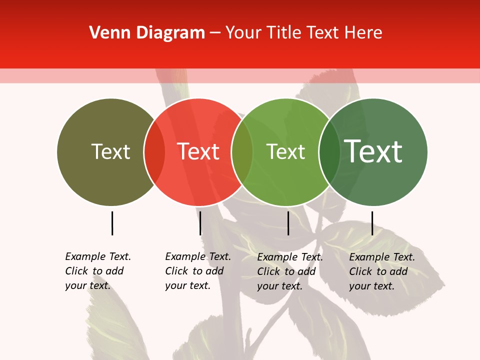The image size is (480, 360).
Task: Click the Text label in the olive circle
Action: [x=110, y=151]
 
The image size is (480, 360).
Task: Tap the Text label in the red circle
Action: [x=198, y=151]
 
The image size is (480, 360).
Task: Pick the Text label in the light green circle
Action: [x=285, y=152]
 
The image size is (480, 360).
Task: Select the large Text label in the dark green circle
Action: [x=373, y=151]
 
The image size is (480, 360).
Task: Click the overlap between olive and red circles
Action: [x=154, y=152]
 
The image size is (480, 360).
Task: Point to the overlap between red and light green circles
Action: [x=242, y=152]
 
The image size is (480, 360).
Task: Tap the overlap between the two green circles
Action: [x=329, y=152]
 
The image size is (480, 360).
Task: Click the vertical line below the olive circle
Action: [x=112, y=223]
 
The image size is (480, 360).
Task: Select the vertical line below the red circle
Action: [x=200, y=223]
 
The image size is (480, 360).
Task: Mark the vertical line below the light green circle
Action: [x=288, y=223]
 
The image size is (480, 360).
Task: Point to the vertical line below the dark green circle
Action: [x=372, y=223]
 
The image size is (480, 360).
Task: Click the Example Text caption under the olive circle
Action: [x=98, y=271]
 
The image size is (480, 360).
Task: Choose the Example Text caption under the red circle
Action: [x=198, y=271]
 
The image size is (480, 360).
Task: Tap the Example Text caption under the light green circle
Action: [x=290, y=271]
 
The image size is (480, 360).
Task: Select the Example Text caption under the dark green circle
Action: [x=382, y=271]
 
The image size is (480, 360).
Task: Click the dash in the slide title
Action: [x=215, y=33]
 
